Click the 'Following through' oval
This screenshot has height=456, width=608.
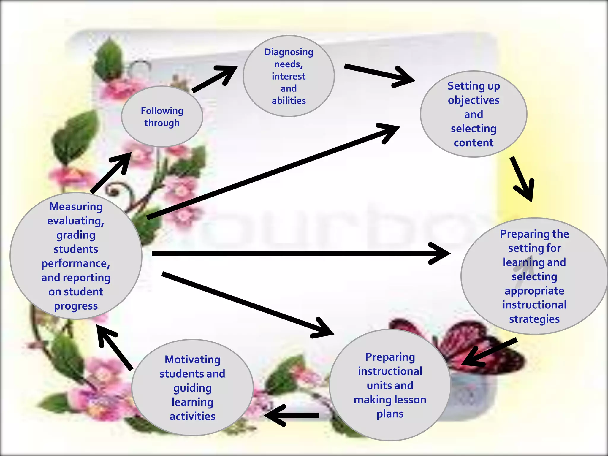pos(162,117)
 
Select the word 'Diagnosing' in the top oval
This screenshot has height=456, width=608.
pos(289,52)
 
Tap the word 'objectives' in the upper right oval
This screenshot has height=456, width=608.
pos(474,100)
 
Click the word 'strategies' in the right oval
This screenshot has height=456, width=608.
pos(534,319)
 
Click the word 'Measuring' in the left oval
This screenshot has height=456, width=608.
pos(76,206)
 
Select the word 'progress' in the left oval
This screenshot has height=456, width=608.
pos(76,306)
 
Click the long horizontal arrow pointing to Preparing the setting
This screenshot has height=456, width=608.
pos(297,253)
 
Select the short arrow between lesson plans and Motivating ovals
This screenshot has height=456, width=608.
pos(291,415)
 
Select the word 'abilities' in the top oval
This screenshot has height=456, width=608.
pos(289,101)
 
